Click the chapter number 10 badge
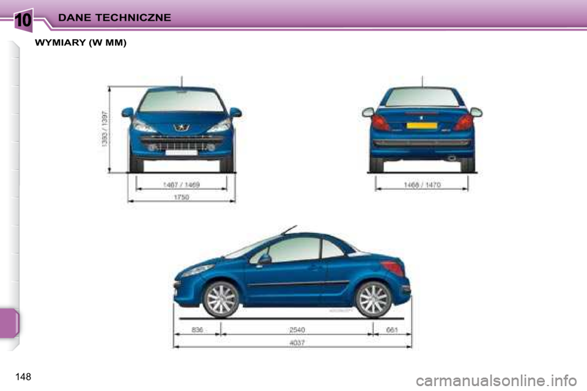coord(23,19)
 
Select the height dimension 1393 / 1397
coord(105,130)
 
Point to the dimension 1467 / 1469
coord(182,184)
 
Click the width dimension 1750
coord(182,197)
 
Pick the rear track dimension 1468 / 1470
coord(422,184)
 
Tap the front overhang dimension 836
coord(197,330)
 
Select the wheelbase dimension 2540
coord(297,330)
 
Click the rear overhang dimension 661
coord(392,330)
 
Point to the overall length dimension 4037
coord(296,343)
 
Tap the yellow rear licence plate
coord(421,125)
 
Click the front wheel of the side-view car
coord(220,299)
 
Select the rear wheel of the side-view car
coord(372,299)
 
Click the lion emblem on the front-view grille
coord(182,128)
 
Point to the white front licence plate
coord(181,152)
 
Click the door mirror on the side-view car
coord(264,259)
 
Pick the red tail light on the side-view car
coord(392,268)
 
